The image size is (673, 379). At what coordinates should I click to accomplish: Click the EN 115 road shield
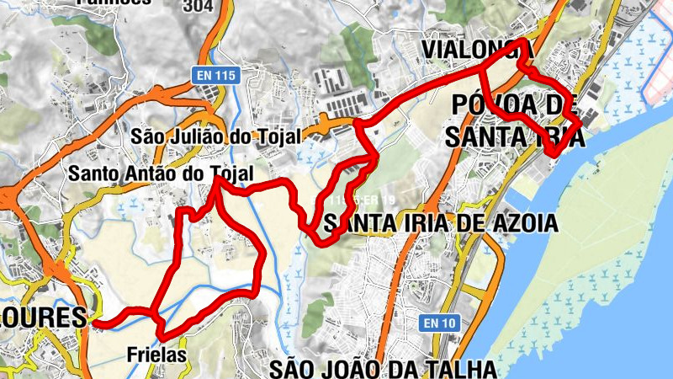coord(215,75)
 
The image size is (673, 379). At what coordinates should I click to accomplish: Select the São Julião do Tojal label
coord(214,136)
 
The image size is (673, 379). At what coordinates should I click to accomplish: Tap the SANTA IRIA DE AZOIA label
coord(440,223)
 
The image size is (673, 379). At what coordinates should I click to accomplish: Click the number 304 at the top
coord(197,4)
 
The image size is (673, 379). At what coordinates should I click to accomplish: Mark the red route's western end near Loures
coord(95,322)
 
